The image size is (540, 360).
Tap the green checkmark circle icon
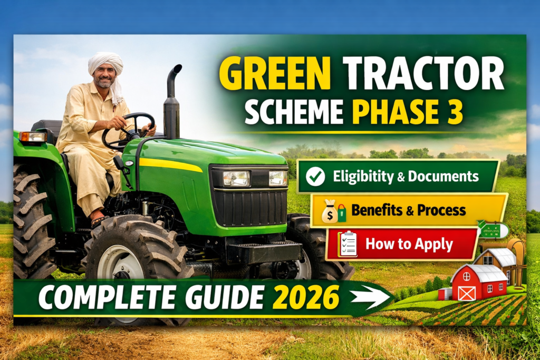click(x=315, y=177)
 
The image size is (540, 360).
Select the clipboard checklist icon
click(x=348, y=245)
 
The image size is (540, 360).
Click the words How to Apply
click(x=409, y=244)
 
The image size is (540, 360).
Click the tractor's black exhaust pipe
click(x=172, y=103)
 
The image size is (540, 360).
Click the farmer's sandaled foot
click(x=100, y=220)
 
